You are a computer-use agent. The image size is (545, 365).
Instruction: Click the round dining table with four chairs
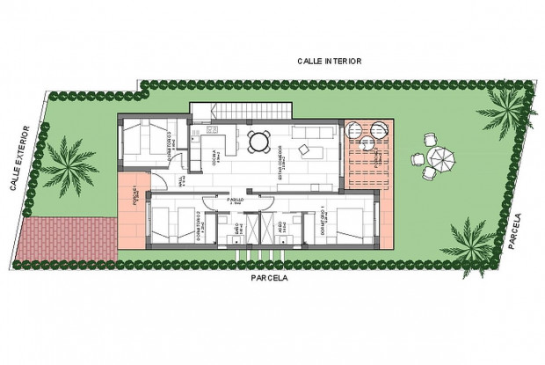tap(258, 141)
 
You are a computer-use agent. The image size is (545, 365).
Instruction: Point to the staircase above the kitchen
tap(241, 112)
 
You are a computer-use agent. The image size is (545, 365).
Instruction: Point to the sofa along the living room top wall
tap(313, 132)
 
